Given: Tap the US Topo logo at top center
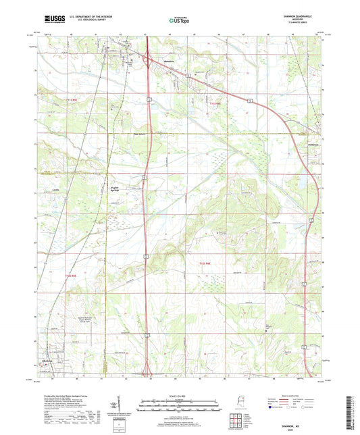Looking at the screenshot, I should coord(179,21).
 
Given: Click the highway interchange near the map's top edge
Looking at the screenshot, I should coord(147,61).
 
